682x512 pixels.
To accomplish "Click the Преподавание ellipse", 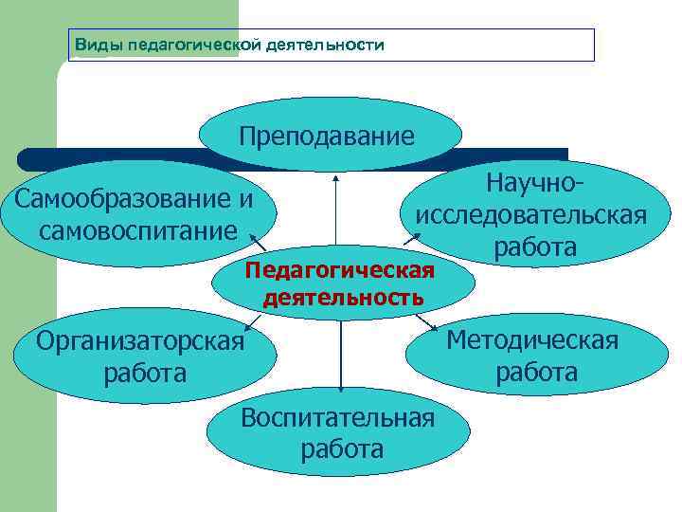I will pyautogui.click(x=327, y=136).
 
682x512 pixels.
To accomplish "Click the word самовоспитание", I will pyautogui.click(x=137, y=230).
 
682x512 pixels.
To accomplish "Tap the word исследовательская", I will pyautogui.click(x=531, y=215).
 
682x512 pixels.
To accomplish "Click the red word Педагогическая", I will pyautogui.click(x=339, y=272).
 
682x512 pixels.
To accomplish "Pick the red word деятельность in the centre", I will pyautogui.click(x=343, y=298).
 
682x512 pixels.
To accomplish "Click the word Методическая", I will pyautogui.click(x=532, y=340).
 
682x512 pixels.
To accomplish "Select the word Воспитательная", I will pyautogui.click(x=338, y=417).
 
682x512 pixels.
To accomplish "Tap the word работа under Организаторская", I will pyautogui.click(x=146, y=372).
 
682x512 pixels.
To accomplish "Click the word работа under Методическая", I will pyautogui.click(x=536, y=372).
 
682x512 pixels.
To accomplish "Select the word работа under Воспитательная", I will pyautogui.click(x=342, y=448).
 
